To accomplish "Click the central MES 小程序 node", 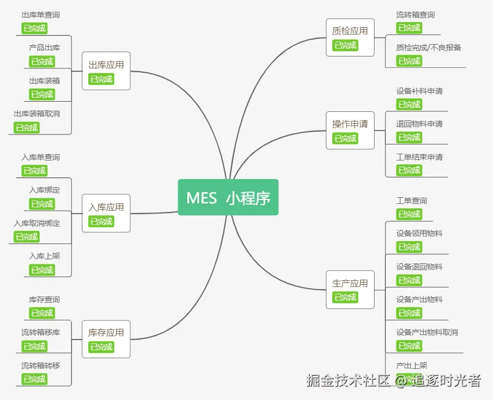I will pos(228,197).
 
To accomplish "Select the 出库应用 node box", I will pos(106,71).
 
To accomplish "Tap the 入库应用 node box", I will pos(106,213).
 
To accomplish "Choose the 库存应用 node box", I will pos(106,338).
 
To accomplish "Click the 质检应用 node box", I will pos(350,37).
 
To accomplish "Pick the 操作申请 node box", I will pos(350,130).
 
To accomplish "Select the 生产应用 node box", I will pos(350,289).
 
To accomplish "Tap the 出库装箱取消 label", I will pos(37,114).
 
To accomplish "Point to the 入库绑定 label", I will pos(45,190).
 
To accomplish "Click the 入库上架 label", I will pos(45,256).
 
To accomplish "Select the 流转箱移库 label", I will pos(41,332).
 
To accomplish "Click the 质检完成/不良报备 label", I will pos(429,47).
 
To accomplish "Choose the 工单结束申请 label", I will pos(419,157).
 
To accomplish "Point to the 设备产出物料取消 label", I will pos(427,332).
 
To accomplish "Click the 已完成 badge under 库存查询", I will pos(42,313).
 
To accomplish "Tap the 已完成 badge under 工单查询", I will pos(409,214).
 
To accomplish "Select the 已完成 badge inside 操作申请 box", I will pos(345,138).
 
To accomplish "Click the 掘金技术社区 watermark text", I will pos(349,380).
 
